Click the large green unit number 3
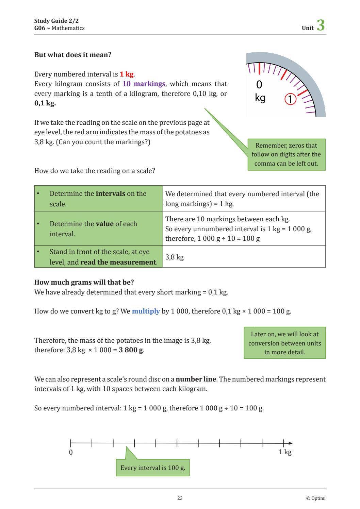click(x=321, y=26)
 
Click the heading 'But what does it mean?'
click(x=73, y=55)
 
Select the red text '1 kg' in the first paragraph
click(x=126, y=74)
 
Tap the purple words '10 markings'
click(x=144, y=84)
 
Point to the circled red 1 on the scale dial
click(x=290, y=99)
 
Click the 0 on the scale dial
click(x=259, y=84)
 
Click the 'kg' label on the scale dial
click(x=260, y=98)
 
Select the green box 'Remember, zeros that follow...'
click(x=286, y=154)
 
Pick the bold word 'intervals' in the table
click(x=110, y=193)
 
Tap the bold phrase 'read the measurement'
click(x=118, y=262)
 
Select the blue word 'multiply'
click(x=146, y=311)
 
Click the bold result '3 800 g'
click(x=131, y=350)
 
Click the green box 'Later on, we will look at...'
click(x=284, y=343)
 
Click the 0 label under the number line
click(x=71, y=452)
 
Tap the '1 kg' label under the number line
click(x=285, y=452)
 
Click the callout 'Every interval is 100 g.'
click(x=152, y=468)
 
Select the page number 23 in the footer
click(x=180, y=498)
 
